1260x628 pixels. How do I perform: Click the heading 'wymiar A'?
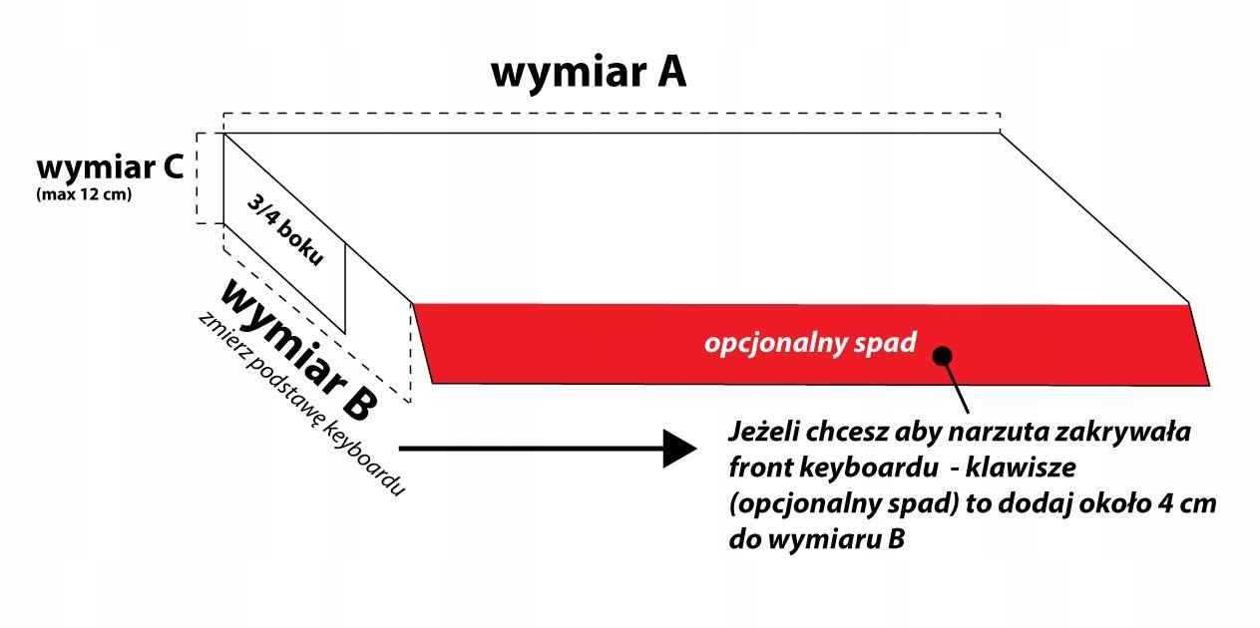point(589,73)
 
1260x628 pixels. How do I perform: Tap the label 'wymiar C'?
point(109,165)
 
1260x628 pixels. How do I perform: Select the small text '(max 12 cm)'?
point(84,193)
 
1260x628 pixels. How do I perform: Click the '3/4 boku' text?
point(286,229)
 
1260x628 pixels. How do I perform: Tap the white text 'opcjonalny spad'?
point(809,344)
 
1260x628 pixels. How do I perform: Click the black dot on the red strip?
point(943,356)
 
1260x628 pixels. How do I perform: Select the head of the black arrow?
point(678,449)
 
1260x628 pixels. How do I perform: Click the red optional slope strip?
point(599,344)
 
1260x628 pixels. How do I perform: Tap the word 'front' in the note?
point(760,469)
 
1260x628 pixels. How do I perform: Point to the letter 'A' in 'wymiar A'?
point(667,73)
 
